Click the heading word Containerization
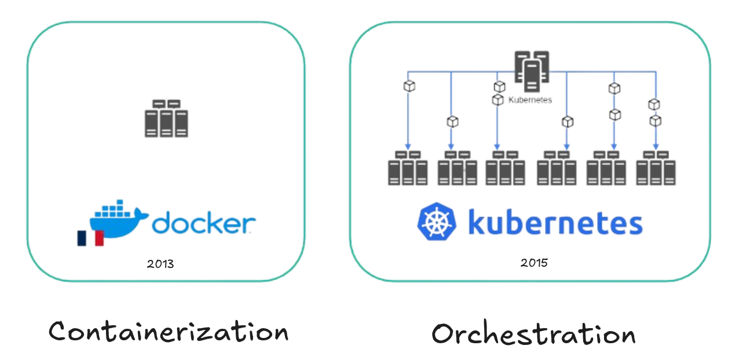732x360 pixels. point(168,332)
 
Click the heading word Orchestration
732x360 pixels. point(533,334)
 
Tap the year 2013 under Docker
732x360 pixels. point(160,264)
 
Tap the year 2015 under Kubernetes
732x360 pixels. point(533,262)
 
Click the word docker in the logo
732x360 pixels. point(203,223)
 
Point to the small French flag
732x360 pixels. point(90,238)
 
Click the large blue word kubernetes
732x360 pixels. point(555,222)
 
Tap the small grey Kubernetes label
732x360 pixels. point(529,100)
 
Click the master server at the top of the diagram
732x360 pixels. point(532,70)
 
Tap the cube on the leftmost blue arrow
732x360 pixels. point(408,86)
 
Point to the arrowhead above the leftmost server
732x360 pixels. point(408,146)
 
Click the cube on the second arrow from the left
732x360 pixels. point(452,122)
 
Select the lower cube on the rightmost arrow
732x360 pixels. point(655,120)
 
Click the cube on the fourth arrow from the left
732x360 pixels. point(567,122)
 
